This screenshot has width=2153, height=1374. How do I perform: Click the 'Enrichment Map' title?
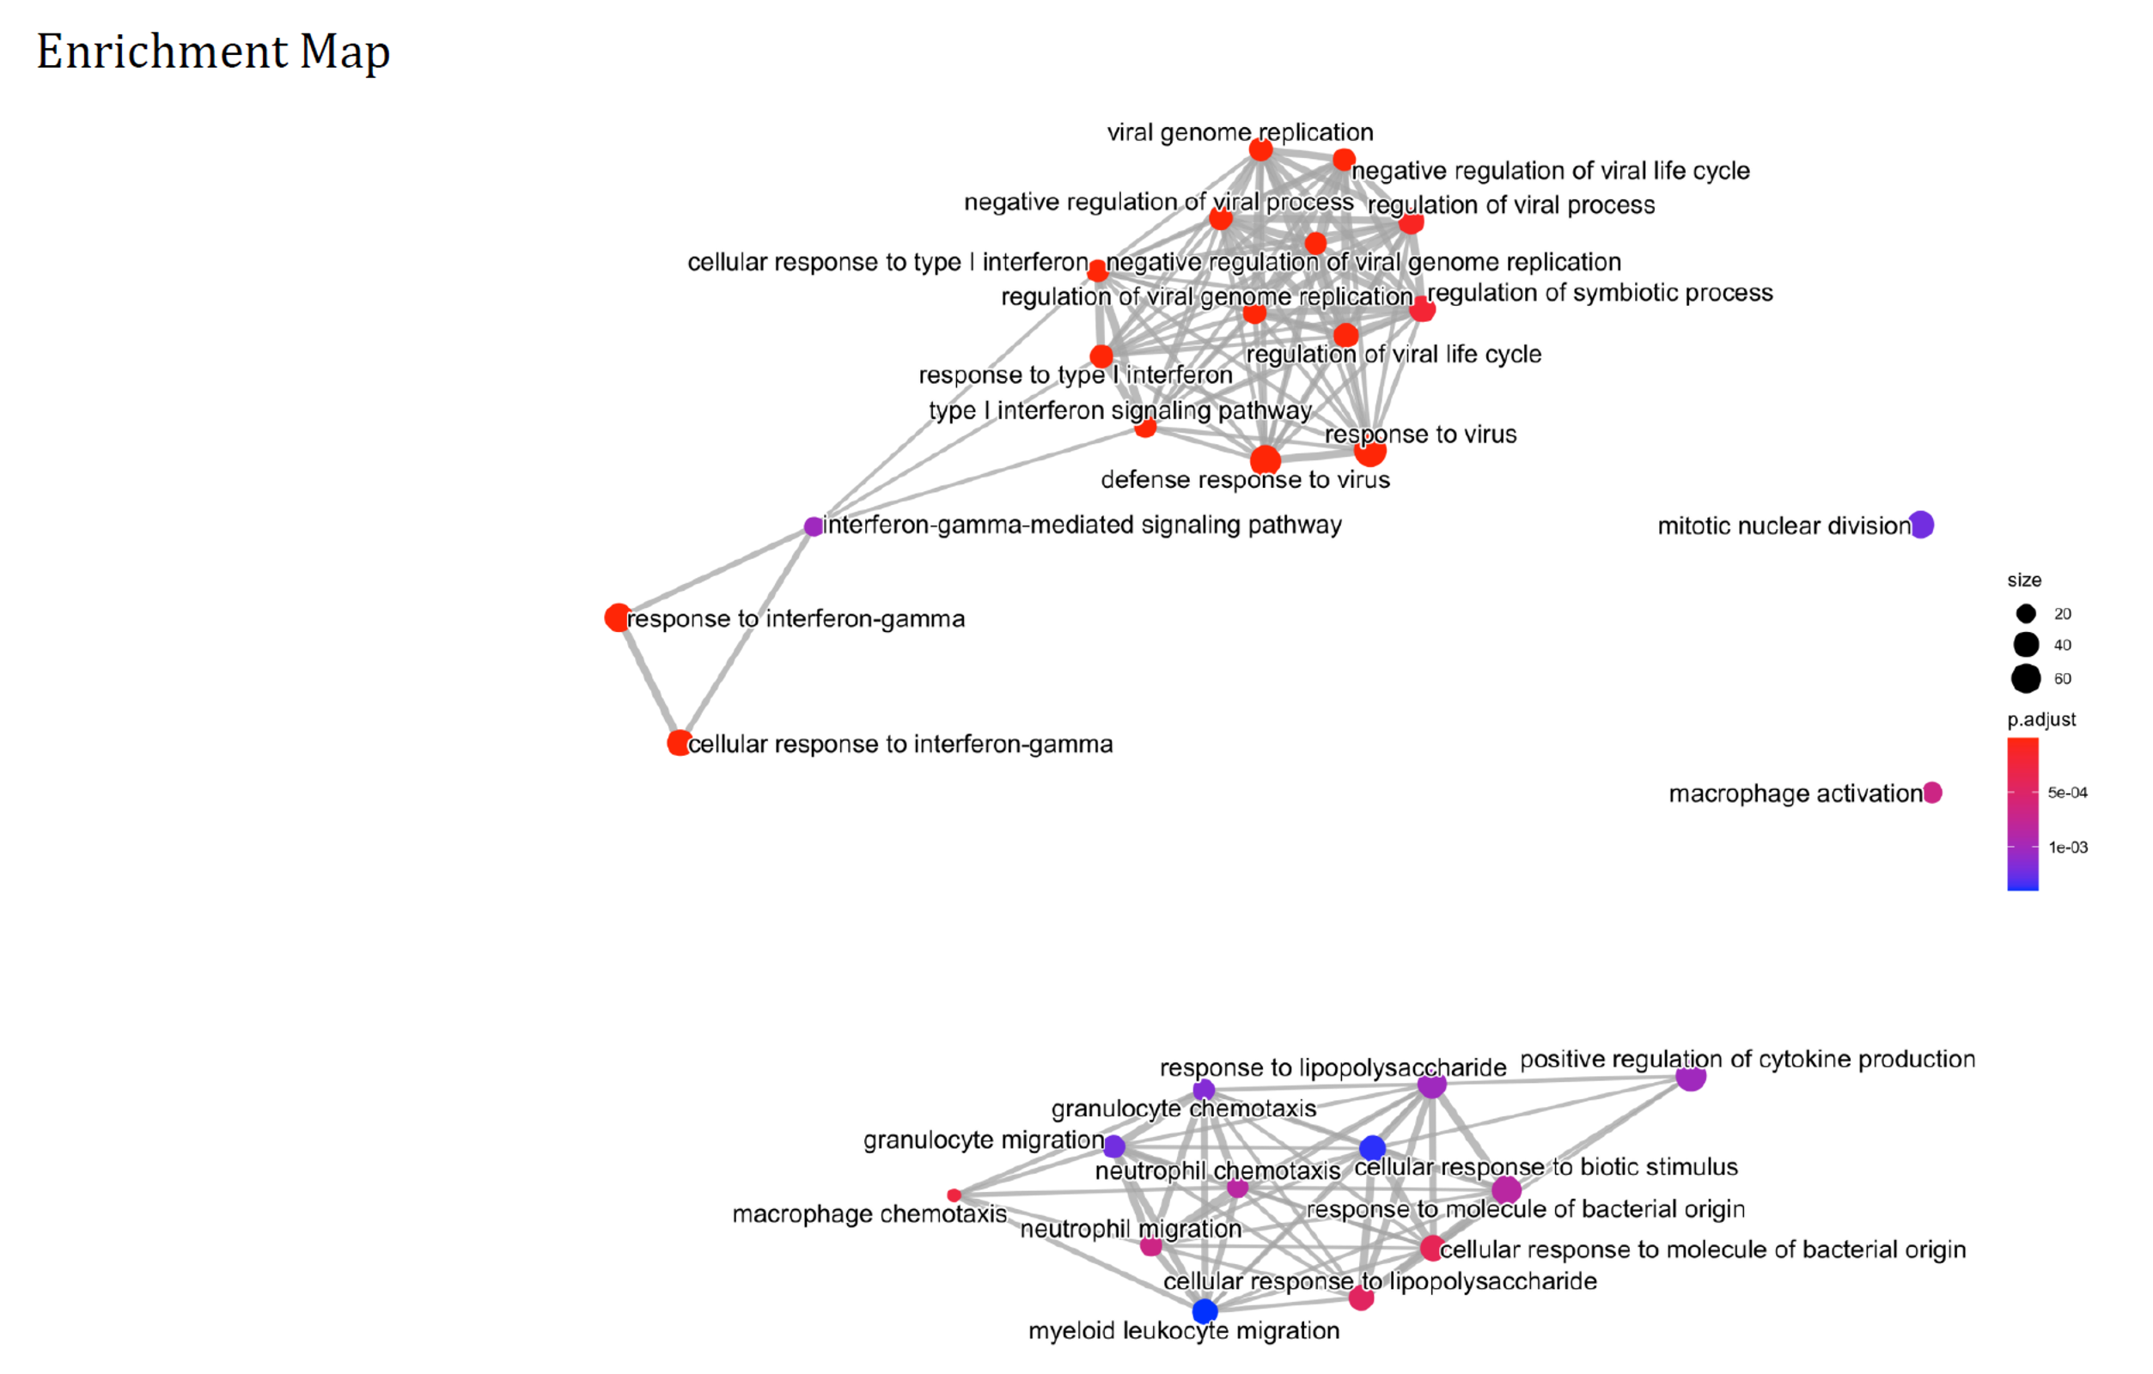213,52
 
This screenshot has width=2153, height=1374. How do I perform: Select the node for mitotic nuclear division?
1920,525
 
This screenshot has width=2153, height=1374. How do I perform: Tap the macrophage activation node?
1932,792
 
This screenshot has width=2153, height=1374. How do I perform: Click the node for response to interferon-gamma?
617,617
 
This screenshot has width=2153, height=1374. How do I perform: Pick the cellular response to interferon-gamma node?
680,743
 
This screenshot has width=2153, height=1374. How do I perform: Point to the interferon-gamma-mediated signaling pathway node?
813,526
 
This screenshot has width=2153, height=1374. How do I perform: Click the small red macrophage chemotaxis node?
954,1195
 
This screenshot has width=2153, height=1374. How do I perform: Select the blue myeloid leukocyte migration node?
1205,1310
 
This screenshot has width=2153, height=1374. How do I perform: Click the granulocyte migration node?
1114,1146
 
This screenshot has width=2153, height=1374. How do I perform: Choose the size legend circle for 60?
2026,678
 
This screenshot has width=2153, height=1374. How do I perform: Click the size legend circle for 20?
2026,613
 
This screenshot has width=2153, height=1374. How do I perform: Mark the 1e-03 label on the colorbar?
2068,848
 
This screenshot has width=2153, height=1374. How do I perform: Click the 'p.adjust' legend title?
2041,720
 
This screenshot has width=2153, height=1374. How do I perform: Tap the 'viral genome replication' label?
1240,132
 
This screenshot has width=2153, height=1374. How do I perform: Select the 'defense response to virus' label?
1246,480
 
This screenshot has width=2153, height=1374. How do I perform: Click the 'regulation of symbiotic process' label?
1600,293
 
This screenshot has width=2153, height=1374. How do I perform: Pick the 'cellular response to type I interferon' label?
887,262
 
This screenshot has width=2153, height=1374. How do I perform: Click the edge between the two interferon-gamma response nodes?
649,680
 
